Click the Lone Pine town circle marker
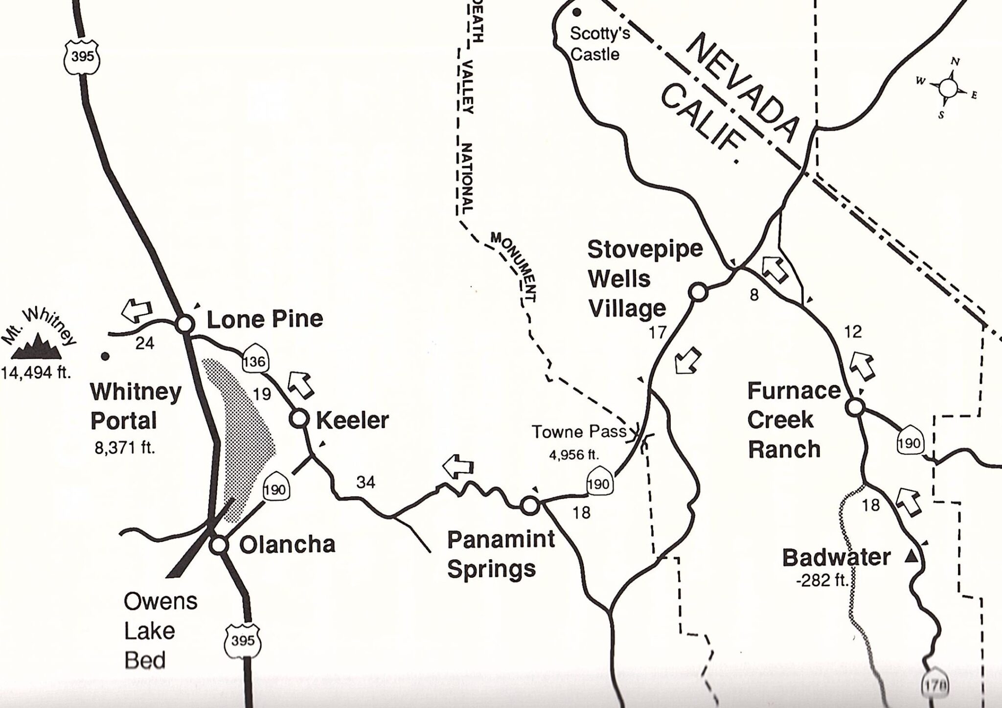pos(184,323)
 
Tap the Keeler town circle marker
pos(299,419)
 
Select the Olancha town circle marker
pos(219,545)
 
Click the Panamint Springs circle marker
pos(529,505)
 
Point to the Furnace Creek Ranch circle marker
pos(855,407)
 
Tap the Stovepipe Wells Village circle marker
pos(698,292)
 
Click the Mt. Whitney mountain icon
pos(37,346)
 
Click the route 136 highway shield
pos(254,362)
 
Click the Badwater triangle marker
pos(910,556)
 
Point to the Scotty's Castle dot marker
pos(577,12)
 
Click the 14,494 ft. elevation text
pos(36,373)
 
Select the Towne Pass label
pos(578,432)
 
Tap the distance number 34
pos(365,482)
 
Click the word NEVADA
pos(743,88)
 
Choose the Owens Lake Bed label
pos(160,631)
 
